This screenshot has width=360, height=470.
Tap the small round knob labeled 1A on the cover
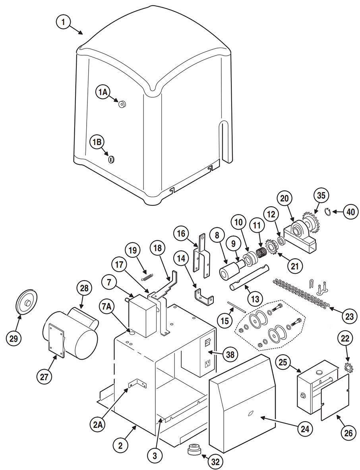[x=122, y=104]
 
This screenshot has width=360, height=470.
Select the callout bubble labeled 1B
[x=97, y=142]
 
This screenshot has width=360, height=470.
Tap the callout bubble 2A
[x=98, y=424]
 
